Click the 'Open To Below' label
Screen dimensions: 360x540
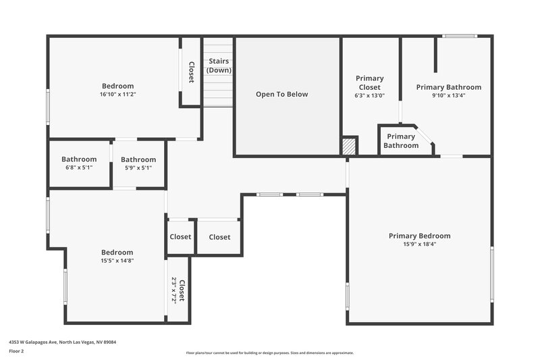click(281, 95)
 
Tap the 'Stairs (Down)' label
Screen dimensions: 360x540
click(219, 66)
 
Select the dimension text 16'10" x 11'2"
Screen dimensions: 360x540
click(118, 95)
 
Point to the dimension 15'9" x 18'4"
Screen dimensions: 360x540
click(419, 245)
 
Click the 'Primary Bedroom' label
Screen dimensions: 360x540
click(419, 236)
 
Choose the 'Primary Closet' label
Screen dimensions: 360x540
click(370, 83)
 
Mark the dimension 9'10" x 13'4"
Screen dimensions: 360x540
click(449, 96)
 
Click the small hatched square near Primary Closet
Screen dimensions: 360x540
click(349, 147)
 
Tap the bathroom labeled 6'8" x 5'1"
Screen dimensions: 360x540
click(79, 163)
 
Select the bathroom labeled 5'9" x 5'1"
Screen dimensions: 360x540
click(138, 163)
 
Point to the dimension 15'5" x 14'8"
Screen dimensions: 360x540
click(117, 261)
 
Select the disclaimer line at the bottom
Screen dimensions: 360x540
click(270, 353)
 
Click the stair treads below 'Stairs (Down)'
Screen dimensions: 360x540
click(218, 91)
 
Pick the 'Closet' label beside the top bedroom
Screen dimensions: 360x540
click(191, 72)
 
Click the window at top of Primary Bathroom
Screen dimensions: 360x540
click(459, 36)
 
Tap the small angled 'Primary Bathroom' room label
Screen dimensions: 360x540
click(401, 140)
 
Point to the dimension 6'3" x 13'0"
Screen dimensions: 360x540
click(370, 96)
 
